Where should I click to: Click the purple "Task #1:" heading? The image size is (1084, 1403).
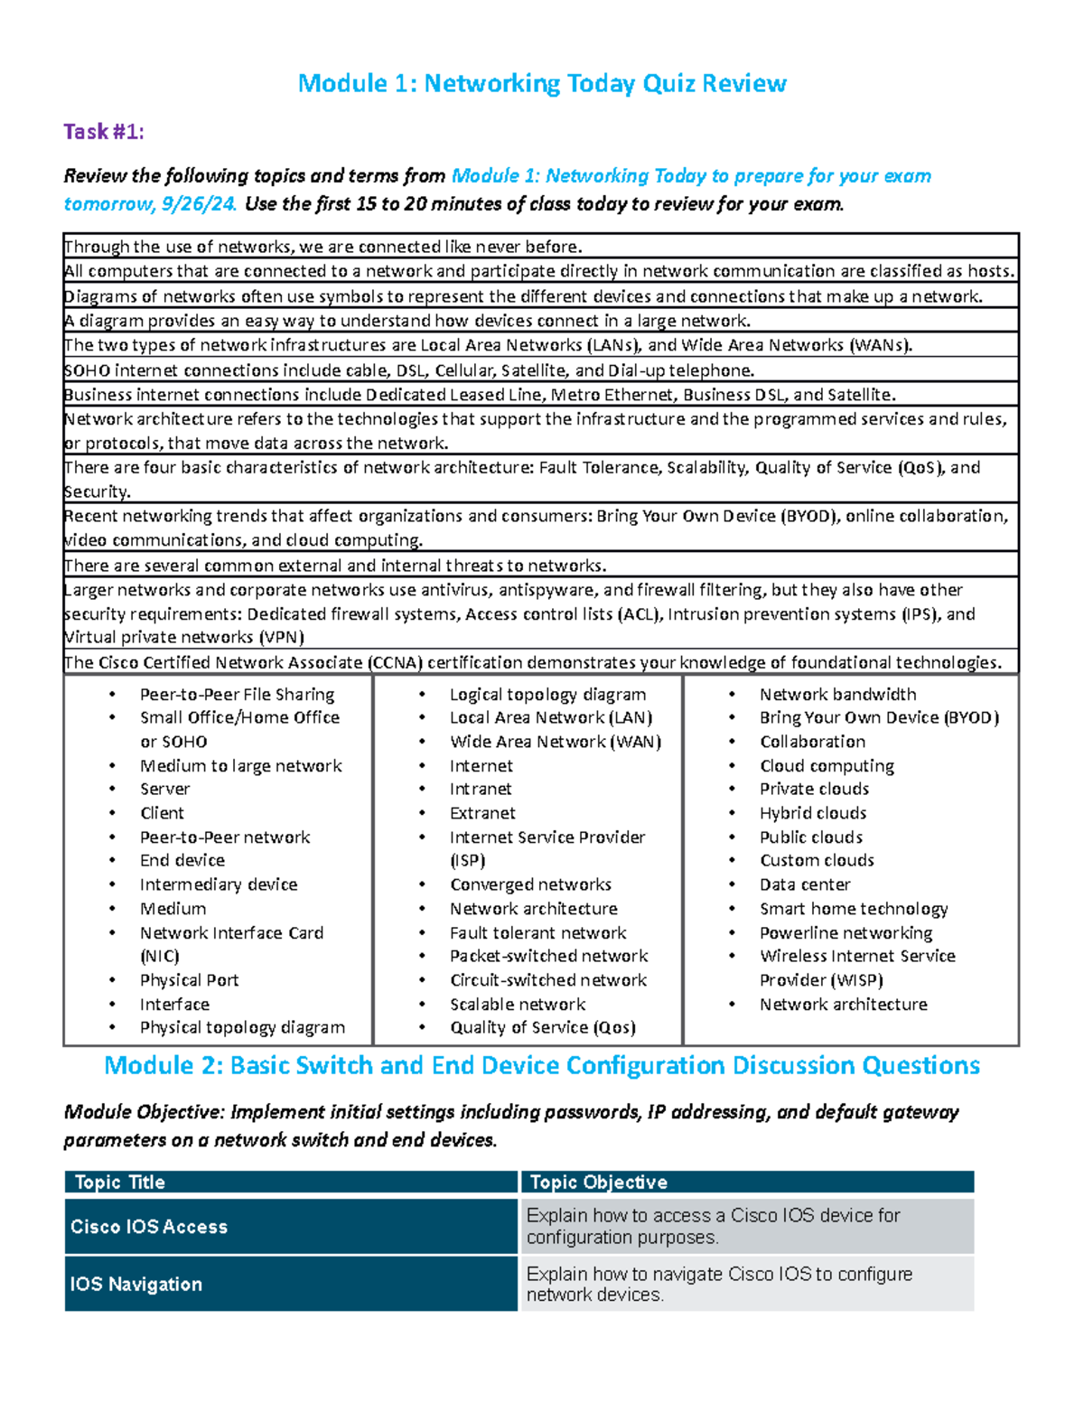point(103,132)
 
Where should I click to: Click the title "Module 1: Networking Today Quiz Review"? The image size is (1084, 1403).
point(542,84)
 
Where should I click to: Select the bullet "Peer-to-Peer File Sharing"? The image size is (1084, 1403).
point(237,694)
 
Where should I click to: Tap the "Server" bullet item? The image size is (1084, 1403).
point(164,789)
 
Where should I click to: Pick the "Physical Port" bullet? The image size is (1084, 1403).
point(189,980)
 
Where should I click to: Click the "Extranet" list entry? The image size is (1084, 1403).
point(482,813)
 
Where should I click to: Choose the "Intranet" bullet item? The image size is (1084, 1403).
point(481,790)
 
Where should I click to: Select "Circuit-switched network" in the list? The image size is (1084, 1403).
point(548,980)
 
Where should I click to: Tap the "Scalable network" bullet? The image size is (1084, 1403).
point(518,1005)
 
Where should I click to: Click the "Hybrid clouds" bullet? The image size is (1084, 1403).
point(813,813)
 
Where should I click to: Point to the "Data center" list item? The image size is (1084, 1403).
point(805,884)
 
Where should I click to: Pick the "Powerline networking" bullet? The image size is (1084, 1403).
point(846,932)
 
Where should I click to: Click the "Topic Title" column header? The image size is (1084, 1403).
point(119,1182)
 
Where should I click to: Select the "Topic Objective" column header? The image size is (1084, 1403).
point(598,1182)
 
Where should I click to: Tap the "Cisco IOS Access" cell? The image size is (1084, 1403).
point(149,1227)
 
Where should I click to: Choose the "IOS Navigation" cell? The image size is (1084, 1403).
point(135,1284)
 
